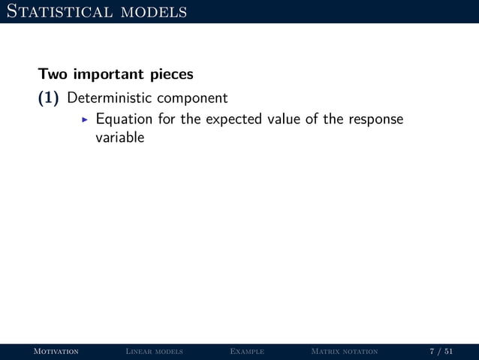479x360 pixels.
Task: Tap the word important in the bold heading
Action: tap(106, 76)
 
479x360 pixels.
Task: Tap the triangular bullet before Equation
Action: tap(84, 120)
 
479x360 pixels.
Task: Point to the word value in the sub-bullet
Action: tap(282, 119)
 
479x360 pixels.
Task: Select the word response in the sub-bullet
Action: tap(375, 120)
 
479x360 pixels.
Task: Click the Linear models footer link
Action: tap(155, 352)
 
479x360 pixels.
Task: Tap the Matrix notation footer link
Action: tap(344, 352)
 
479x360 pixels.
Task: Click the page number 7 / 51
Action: tap(441, 352)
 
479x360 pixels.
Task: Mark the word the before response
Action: tap(334, 119)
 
